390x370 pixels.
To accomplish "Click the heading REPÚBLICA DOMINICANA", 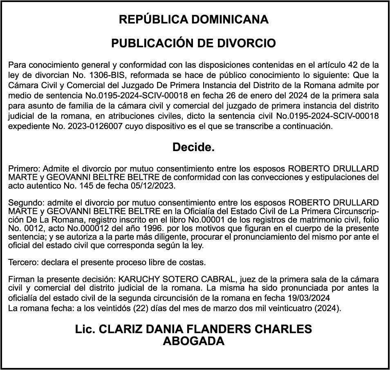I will point(193,20).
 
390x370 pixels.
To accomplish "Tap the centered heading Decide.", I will point(193,147).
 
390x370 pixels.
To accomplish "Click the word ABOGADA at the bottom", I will point(193,341).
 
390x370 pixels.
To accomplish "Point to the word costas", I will point(194,262).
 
